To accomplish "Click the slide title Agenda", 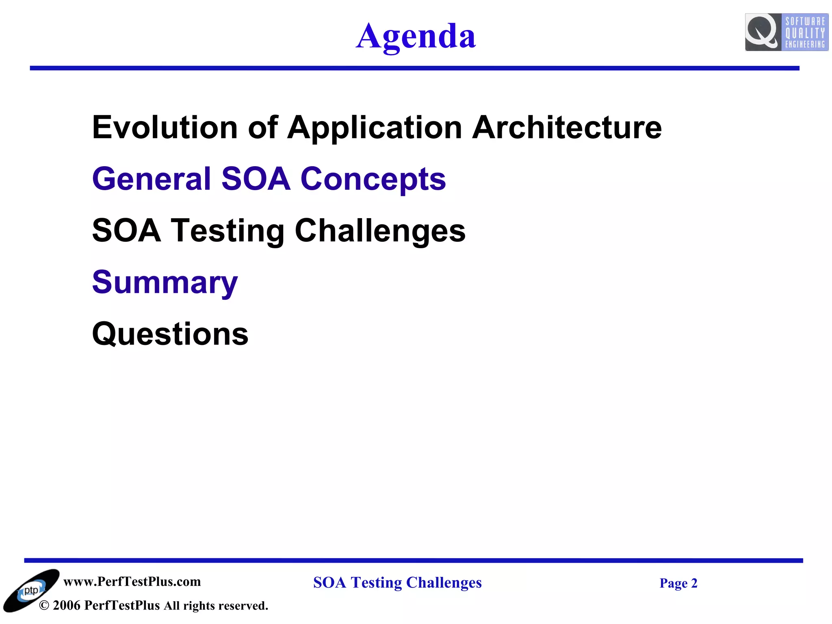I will pyautogui.click(x=416, y=37).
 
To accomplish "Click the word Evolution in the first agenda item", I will pyautogui.click(x=165, y=128).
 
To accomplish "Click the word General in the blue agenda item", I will pyautogui.click(x=152, y=179).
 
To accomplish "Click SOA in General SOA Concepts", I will pyautogui.click(x=256, y=179).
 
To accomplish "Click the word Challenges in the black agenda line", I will pyautogui.click(x=380, y=231).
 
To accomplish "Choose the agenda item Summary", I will pyautogui.click(x=165, y=283).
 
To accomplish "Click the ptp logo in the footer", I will pyautogui.click(x=31, y=591).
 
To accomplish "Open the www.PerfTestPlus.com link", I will pyautogui.click(x=132, y=582).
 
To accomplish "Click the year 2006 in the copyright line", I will pyautogui.click(x=67, y=605).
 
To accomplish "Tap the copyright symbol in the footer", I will pyautogui.click(x=44, y=606).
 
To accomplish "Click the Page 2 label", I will pyautogui.click(x=678, y=583).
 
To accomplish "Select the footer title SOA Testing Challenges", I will pyautogui.click(x=397, y=583).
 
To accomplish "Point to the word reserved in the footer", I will pyautogui.click(x=243, y=606).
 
